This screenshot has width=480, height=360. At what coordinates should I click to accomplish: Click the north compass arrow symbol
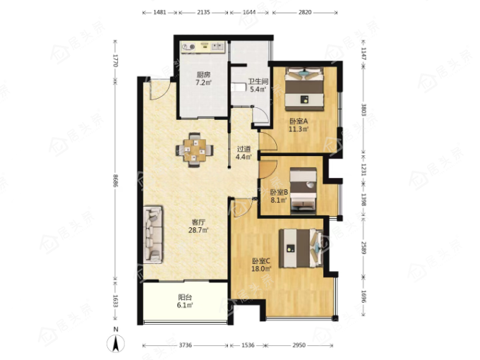116,344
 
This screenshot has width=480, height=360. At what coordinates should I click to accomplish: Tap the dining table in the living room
194,150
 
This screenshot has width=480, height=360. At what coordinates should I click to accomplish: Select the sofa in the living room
152,234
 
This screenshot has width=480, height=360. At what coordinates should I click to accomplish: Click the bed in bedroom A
305,88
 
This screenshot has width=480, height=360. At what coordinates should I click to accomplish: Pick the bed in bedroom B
303,190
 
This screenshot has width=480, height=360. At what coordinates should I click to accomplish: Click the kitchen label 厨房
203,75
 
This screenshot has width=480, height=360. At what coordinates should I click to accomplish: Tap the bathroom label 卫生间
258,82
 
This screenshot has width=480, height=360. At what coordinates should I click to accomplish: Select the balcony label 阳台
185,297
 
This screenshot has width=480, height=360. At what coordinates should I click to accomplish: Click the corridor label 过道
244,150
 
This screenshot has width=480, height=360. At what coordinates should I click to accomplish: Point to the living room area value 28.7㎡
198,230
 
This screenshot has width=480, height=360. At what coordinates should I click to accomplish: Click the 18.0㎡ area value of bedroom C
261,269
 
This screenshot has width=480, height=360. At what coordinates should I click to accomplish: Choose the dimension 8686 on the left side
115,181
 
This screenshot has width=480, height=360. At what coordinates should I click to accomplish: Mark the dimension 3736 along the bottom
185,345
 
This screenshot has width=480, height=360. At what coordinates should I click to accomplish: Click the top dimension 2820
305,12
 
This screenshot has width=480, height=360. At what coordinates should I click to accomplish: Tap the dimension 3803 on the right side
364,109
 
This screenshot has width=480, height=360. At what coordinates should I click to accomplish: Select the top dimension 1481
160,12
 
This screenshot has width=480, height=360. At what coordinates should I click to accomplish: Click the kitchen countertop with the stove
203,47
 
